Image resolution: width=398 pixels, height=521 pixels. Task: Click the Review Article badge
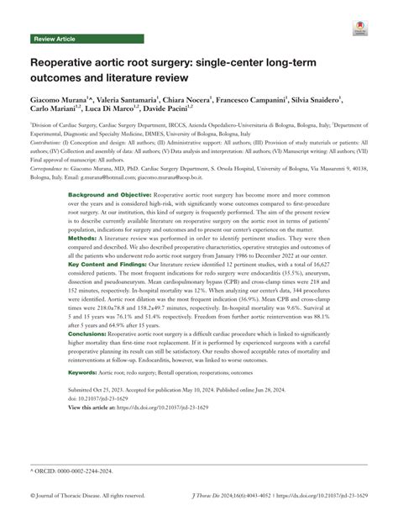(54, 39)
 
